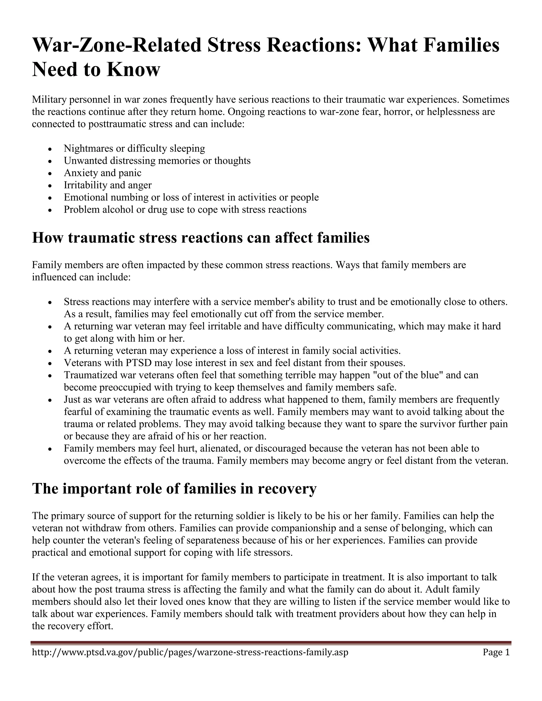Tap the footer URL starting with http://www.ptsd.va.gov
click(x=190, y=652)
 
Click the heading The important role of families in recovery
click(x=174, y=489)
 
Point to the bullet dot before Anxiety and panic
click(x=49, y=174)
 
